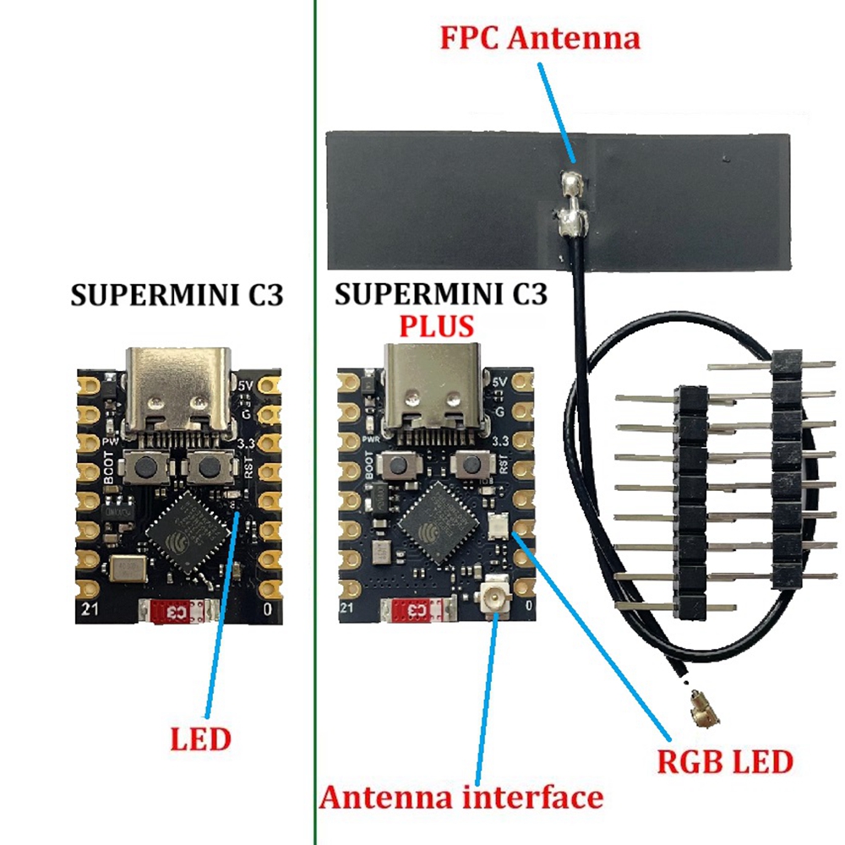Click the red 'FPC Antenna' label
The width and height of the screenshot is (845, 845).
pos(540,38)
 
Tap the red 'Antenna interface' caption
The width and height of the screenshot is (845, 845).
pos(461,796)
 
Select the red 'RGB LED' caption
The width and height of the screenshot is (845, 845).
pos(725,761)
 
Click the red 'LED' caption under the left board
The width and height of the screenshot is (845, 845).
pos(200,739)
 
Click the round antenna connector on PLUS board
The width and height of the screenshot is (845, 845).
pos(493,598)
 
